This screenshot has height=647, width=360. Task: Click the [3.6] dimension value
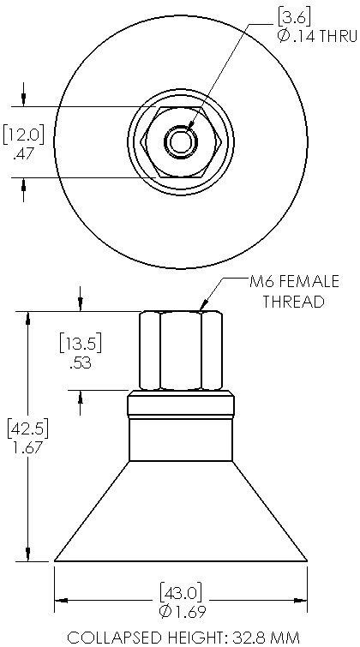click(x=293, y=18)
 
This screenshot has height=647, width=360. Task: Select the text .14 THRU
click(x=323, y=37)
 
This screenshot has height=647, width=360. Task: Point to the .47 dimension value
click(x=23, y=154)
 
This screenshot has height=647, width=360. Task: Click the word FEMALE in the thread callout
click(x=308, y=282)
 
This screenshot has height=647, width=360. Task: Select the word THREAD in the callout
click(x=293, y=302)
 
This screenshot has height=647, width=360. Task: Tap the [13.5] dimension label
click(x=80, y=344)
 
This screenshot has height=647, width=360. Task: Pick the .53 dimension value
click(x=81, y=364)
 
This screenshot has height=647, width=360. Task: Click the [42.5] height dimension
click(x=28, y=428)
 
